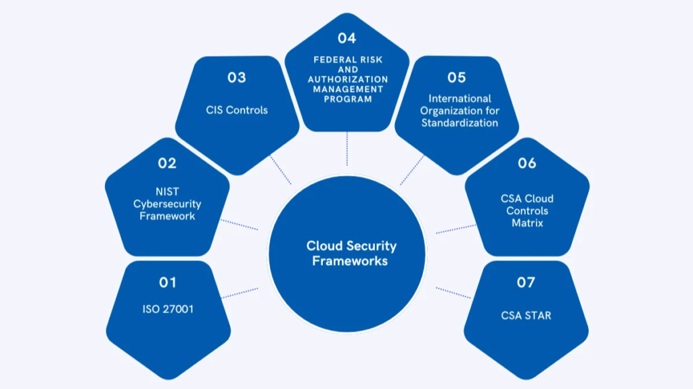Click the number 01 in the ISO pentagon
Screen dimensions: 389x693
pyautogui.click(x=167, y=282)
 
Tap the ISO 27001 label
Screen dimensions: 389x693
pyautogui.click(x=167, y=309)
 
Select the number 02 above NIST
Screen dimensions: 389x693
pyautogui.click(x=167, y=163)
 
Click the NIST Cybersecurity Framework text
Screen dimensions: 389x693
pyautogui.click(x=167, y=204)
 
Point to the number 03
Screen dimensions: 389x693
pyautogui.click(x=236, y=77)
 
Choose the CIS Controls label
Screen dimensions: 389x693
pyautogui.click(x=237, y=110)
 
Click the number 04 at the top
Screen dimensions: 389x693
pyautogui.click(x=346, y=39)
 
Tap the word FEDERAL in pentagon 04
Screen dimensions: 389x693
pyautogui.click(x=328, y=60)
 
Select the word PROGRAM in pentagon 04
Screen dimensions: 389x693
pyautogui.click(x=346, y=99)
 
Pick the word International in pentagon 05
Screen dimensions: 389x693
pyautogui.click(x=460, y=99)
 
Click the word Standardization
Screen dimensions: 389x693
pyautogui.click(x=460, y=123)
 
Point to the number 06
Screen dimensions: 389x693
pyautogui.click(x=527, y=163)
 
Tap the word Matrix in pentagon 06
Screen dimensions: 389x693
pyautogui.click(x=527, y=223)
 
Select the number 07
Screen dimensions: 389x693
pyautogui.click(x=526, y=282)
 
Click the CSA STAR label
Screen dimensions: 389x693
pyautogui.click(x=526, y=315)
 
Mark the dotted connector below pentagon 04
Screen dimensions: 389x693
pyautogui.click(x=346, y=149)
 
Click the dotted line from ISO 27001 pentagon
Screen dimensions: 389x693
pyautogui.click(x=240, y=292)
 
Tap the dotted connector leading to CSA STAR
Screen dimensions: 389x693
pyautogui.click(x=453, y=292)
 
